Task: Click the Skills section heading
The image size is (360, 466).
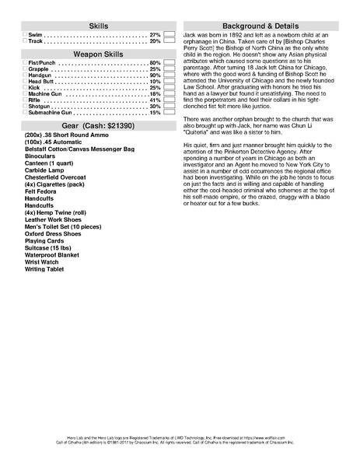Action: click(99, 26)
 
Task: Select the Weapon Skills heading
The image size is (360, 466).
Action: click(99, 52)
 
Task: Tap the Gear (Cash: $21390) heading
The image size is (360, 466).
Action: click(99, 124)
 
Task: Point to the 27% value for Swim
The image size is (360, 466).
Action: click(155, 36)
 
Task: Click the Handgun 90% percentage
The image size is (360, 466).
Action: click(155, 75)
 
